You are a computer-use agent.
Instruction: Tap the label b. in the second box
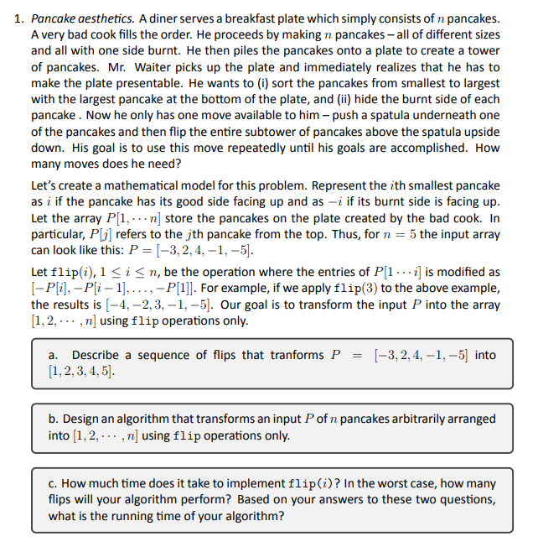(x=54, y=419)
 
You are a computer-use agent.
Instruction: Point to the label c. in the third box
(x=54, y=484)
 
